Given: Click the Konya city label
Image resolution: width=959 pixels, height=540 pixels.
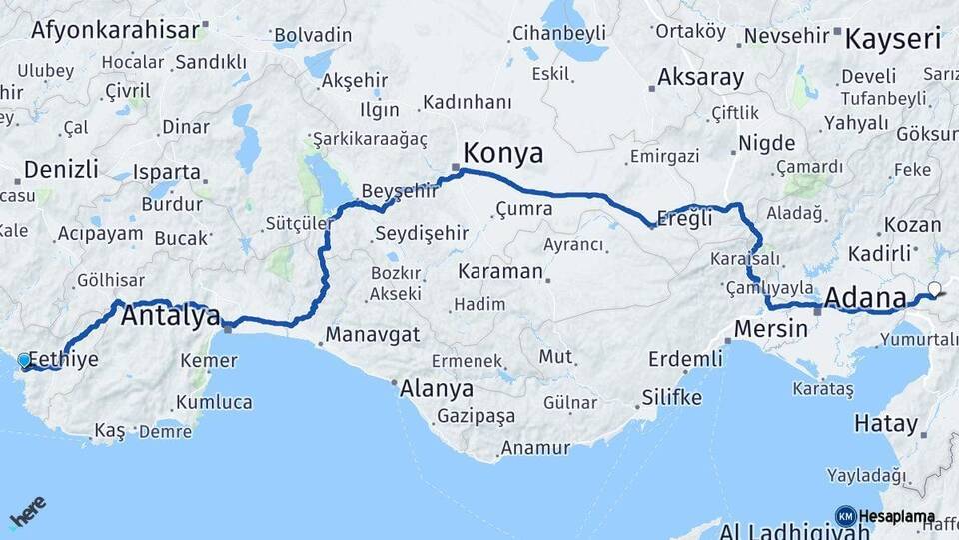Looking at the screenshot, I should tap(503, 153).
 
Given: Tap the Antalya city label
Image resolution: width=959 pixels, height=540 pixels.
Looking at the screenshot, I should tap(171, 317).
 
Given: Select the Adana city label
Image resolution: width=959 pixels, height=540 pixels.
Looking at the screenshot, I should tap(866, 298).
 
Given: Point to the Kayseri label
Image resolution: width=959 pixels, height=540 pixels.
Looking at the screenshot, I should tap(893, 40).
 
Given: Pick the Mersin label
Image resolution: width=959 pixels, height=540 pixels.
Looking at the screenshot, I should tap(770, 328).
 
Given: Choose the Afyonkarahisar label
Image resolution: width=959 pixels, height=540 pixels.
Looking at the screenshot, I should tap(115, 29).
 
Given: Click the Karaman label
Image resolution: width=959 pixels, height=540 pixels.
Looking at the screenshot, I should tap(500, 271).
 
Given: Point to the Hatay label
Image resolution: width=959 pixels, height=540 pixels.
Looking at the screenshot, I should tap(885, 423).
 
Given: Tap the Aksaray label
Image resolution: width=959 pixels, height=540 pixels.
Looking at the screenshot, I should tap(701, 77).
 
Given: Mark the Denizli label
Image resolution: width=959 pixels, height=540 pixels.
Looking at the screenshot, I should tap(62, 168).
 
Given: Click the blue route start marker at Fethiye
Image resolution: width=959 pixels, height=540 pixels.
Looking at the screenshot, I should tap(24, 360).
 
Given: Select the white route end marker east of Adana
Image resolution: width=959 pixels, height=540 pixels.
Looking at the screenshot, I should tap(934, 289).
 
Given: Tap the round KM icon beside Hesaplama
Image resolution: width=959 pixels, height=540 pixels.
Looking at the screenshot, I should tap(845, 516).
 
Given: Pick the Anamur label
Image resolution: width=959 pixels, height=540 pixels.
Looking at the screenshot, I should tap(535, 448).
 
